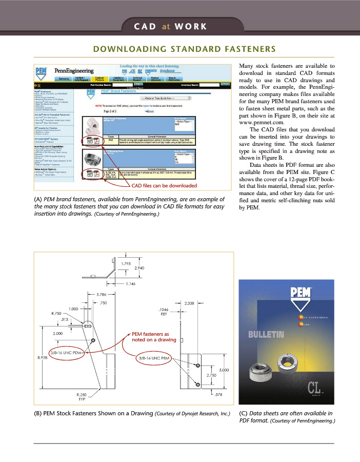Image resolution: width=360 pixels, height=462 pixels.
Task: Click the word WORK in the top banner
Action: pyautogui.click(x=190, y=26)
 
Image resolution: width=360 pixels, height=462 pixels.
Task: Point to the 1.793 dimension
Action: pyautogui.click(x=129, y=264)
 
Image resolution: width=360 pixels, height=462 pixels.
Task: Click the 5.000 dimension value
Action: pyautogui.click(x=224, y=370)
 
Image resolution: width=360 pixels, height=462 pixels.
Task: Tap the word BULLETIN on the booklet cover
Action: pyautogui.click(x=266, y=335)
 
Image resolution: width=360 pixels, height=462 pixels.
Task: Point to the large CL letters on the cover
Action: pyautogui.click(x=315, y=386)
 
